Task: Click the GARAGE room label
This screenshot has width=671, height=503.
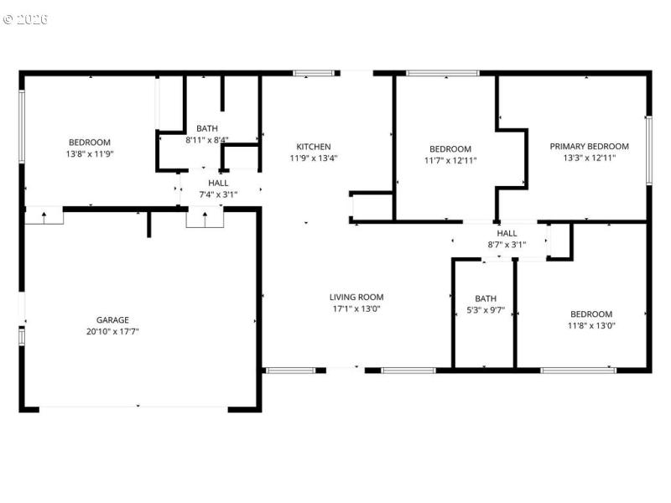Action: point(112,319)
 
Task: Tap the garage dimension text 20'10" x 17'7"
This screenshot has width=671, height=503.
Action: point(112,331)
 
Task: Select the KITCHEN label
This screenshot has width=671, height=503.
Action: point(313,147)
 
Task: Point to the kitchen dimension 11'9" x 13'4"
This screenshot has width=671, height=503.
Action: point(313,158)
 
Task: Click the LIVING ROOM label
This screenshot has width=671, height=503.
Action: point(356,297)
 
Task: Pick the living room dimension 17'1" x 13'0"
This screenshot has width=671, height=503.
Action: point(356,309)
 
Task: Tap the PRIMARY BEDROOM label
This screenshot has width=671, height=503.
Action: point(589,146)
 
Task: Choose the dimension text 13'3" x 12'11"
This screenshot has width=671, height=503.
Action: point(589,158)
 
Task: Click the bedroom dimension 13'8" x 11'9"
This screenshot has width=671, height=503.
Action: point(89,154)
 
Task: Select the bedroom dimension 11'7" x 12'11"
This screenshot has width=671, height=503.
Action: point(450,160)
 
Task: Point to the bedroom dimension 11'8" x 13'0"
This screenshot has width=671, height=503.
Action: point(591,325)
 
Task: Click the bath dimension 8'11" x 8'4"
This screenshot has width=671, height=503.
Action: point(207,140)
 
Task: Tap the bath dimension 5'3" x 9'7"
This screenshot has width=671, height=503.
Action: point(486,309)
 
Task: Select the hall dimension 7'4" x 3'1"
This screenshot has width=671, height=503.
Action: point(218,194)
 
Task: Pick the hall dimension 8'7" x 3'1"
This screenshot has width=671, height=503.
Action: point(507,245)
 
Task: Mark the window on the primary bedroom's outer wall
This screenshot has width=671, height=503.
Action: point(648,150)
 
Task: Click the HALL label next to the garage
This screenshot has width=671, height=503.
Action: point(218,183)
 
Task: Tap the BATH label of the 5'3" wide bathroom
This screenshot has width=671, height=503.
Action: point(486,298)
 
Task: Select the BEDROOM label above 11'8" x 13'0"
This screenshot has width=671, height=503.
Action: point(591,314)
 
